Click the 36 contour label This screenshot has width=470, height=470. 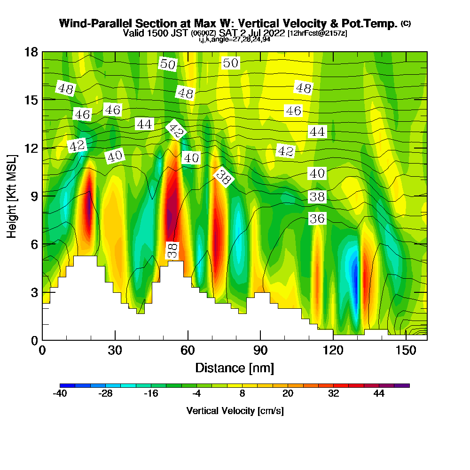point(317,218)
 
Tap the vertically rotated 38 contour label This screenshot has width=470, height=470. point(172,251)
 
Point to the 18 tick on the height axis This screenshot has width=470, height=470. point(31,52)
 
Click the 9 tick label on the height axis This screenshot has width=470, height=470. point(34,196)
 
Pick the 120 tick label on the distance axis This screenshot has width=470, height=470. point(333,350)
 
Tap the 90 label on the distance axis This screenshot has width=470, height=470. point(260,350)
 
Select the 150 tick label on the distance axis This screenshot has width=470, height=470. point(406,350)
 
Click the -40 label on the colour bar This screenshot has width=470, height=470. point(60,393)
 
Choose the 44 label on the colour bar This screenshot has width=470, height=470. point(379,393)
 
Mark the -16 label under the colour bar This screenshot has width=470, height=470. point(151,393)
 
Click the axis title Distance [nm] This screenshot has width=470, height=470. point(235,368)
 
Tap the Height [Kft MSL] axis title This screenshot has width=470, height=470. point(12,196)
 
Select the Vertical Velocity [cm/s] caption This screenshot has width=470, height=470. point(235,411)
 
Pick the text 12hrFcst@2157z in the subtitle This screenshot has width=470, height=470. point(317,33)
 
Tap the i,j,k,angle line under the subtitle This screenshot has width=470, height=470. point(235,39)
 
